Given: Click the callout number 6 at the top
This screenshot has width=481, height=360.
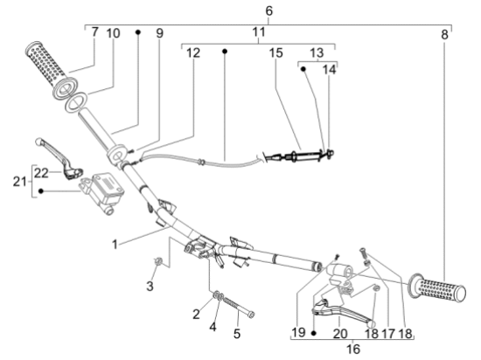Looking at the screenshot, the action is [x=268, y=11].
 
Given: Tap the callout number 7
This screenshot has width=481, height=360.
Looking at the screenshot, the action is [x=94, y=31].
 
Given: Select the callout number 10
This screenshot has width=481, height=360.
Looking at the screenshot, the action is [x=113, y=33].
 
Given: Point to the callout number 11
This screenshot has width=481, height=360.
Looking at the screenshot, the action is [x=259, y=31].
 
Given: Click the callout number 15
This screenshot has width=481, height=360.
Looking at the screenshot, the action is [x=275, y=52].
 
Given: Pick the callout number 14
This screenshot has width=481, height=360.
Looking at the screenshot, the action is [x=329, y=70].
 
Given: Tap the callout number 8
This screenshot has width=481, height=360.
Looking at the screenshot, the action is [x=444, y=35].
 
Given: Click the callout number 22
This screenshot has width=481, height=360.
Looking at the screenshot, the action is [x=41, y=173].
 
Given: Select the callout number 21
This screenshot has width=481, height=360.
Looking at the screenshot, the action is [x=19, y=182].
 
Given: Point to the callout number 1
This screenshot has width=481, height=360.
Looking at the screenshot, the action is [x=115, y=245].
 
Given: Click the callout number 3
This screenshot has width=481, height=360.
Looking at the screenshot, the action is [x=150, y=286].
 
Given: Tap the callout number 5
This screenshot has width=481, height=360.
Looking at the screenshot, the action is [x=237, y=333].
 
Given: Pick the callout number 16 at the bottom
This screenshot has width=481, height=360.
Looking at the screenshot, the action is [x=353, y=349].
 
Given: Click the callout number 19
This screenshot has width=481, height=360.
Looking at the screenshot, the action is [x=298, y=332].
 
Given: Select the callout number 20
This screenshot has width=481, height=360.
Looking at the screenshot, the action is [x=340, y=333].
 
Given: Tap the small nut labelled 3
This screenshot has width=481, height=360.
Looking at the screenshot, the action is [x=157, y=260].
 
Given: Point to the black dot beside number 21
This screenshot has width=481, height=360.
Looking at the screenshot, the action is [x=41, y=191].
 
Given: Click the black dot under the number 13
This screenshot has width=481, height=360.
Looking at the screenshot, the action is [x=303, y=69].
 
